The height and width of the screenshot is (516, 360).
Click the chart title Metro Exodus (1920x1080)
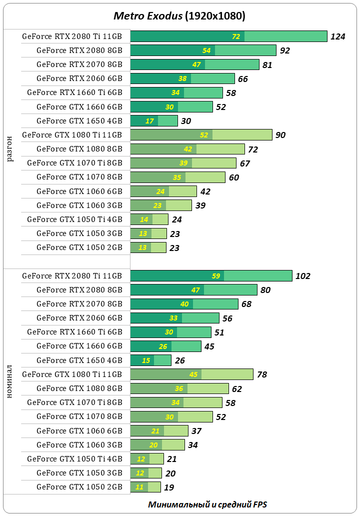pos(179,16)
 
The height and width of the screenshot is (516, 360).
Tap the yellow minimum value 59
pos(216,276)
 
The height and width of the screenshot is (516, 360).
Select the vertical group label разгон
pos(10,148)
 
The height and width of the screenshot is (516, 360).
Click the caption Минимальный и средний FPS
pos(207,504)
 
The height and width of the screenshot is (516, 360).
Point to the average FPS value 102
pos(303,276)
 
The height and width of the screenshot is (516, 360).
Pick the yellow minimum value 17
pos(149,120)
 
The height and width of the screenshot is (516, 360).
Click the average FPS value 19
pos(168,487)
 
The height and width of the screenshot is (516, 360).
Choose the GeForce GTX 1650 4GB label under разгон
pos(79,120)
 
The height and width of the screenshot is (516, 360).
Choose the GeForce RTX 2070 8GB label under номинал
pos(79,303)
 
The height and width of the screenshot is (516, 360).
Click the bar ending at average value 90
pos(201,134)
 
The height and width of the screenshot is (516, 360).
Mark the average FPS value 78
pos(262,374)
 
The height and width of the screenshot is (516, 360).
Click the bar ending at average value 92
pos(203,50)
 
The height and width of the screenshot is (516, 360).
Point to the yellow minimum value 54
pos(206,50)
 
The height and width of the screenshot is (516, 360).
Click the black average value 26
pos(179,360)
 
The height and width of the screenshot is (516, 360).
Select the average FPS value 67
pos(244,163)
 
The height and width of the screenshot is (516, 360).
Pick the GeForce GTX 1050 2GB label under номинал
pos(79,486)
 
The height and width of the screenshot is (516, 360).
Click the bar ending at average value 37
pos(159,430)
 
